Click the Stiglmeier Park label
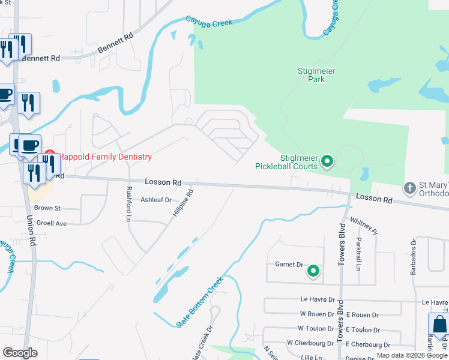click(x=316, y=75)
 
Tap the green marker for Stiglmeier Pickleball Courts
click(x=327, y=161)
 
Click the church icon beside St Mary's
click(x=410, y=188)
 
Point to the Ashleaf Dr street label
click(x=156, y=200)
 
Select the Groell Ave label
click(x=50, y=223)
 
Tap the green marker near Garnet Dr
click(x=313, y=272)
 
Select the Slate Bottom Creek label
click(x=199, y=301)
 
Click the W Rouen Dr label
click(x=317, y=314)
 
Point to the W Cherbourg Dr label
click(x=310, y=343)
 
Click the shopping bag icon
click(x=439, y=323)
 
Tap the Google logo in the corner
click(x=20, y=353)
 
